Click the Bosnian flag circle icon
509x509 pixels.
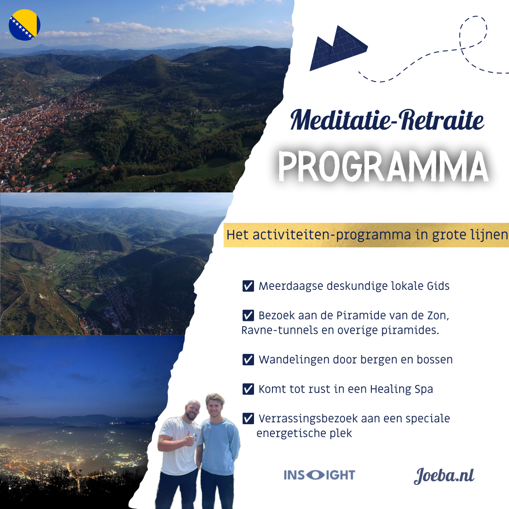[x=25, y=25]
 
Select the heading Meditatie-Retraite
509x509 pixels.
[x=387, y=121]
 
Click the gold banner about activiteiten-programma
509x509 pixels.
[x=366, y=235]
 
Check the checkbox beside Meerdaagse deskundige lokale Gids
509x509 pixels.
[x=248, y=286]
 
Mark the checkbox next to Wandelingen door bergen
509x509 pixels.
[x=248, y=360]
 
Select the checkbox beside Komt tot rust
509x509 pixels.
[x=248, y=389]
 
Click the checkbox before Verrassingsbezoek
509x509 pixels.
[x=248, y=419]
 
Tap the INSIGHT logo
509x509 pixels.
[x=320, y=475]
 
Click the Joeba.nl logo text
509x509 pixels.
[x=444, y=476]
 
